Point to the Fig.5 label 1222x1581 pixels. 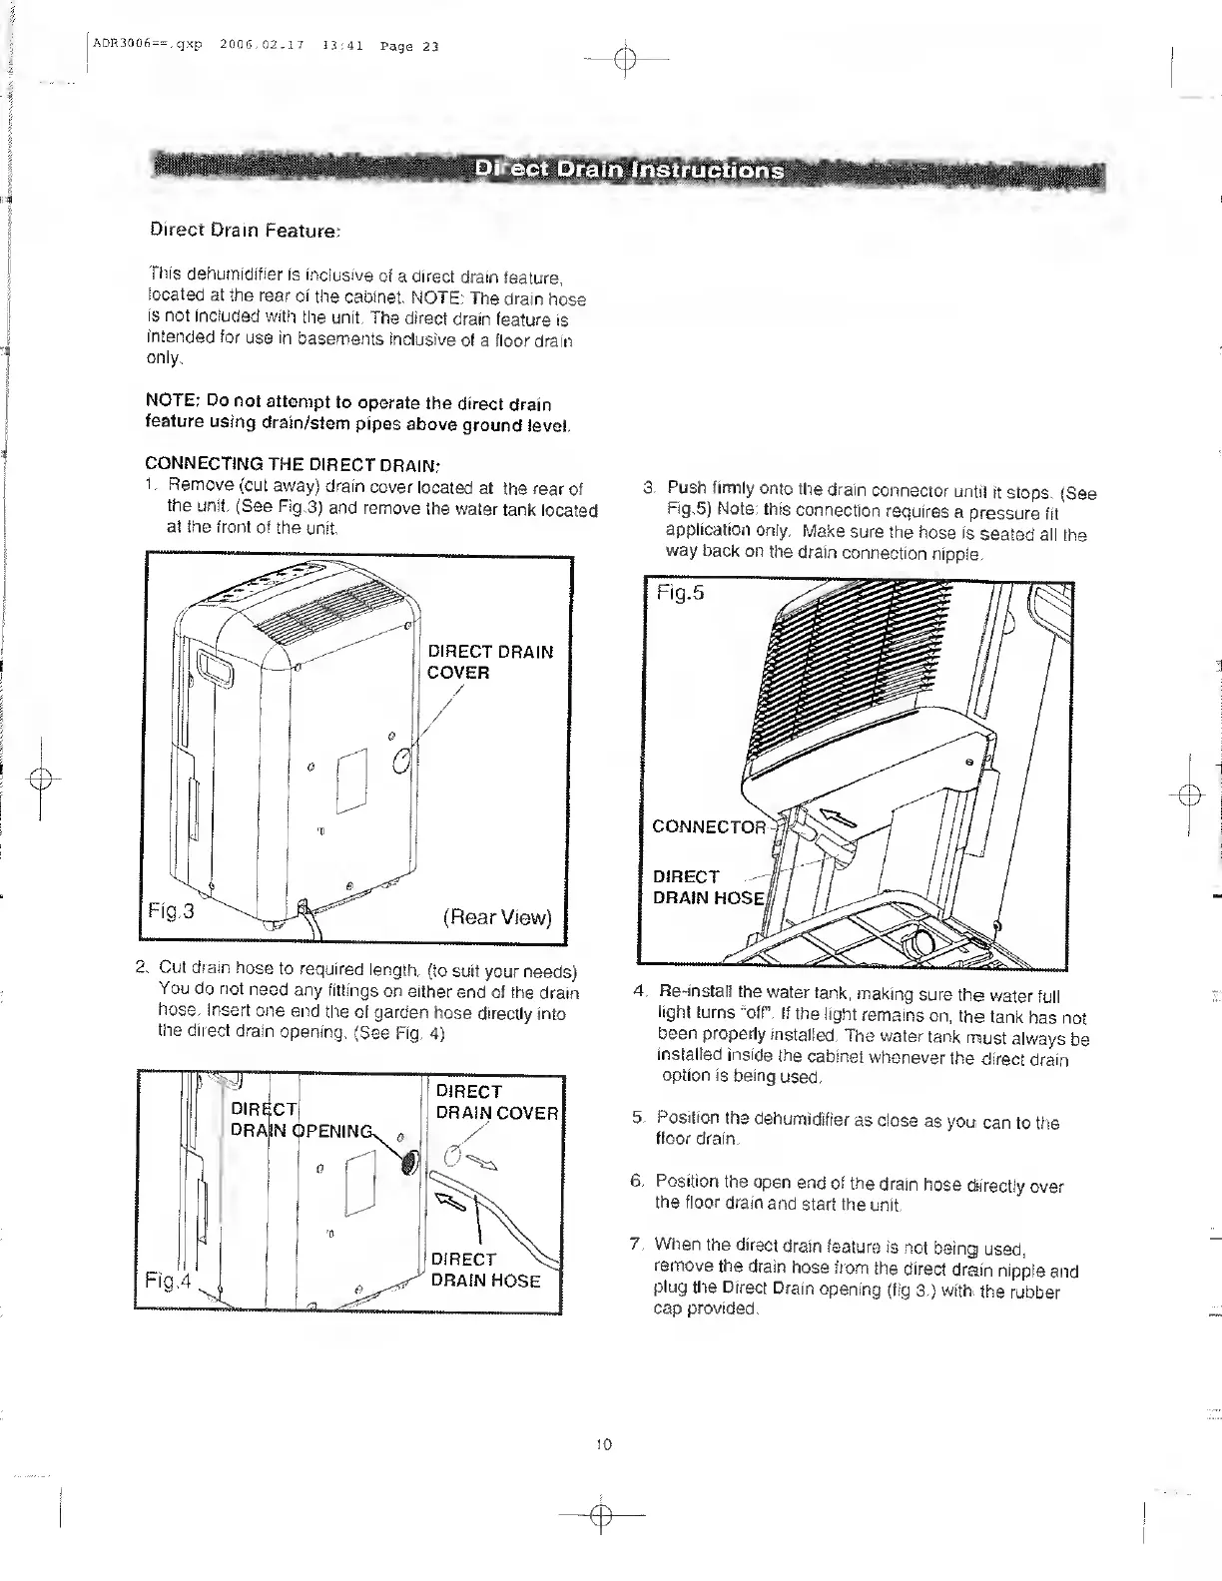pos(680,593)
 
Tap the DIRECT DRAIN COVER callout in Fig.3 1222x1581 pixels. pos(489,662)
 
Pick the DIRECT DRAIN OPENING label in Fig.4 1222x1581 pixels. pos(300,1120)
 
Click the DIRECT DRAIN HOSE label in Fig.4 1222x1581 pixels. pos(484,1270)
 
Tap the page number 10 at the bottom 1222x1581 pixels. pos(603,1444)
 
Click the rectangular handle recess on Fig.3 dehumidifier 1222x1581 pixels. pos(214,667)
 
